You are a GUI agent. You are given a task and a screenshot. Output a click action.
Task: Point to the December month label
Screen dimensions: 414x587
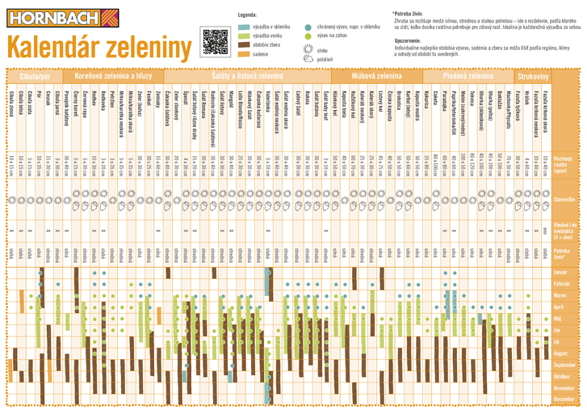(x=564, y=399)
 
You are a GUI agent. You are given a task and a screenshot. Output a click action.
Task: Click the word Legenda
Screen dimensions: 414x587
(x=248, y=15)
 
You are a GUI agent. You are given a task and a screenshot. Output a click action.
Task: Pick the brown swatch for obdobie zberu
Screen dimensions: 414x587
(x=244, y=45)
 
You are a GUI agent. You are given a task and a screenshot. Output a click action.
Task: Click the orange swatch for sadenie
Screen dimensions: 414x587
(x=244, y=55)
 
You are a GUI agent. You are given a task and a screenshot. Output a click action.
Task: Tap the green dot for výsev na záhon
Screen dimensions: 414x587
(x=308, y=36)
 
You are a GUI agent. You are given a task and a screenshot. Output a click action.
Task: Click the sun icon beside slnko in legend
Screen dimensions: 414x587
(x=308, y=49)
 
